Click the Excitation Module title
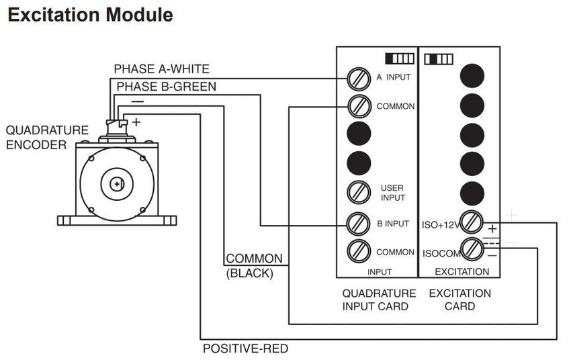click(x=90, y=15)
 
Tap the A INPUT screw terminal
click(x=359, y=79)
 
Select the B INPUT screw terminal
click(x=359, y=224)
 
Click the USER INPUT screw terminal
click(x=359, y=193)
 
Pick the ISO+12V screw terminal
click(x=472, y=222)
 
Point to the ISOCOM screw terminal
click(x=472, y=249)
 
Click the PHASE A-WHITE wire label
click(x=162, y=69)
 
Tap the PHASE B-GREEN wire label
click(x=167, y=87)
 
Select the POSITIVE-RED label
click(x=245, y=349)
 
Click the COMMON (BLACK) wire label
click(x=254, y=266)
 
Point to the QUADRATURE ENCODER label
click(x=47, y=138)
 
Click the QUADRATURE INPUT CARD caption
click(x=379, y=300)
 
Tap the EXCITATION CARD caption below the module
click(x=460, y=300)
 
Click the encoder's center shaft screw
click(x=117, y=184)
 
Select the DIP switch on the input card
click(x=400, y=58)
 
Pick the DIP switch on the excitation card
click(x=439, y=59)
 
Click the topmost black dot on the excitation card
click(x=472, y=76)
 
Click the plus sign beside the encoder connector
click(x=136, y=122)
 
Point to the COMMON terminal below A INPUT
click(x=359, y=106)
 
